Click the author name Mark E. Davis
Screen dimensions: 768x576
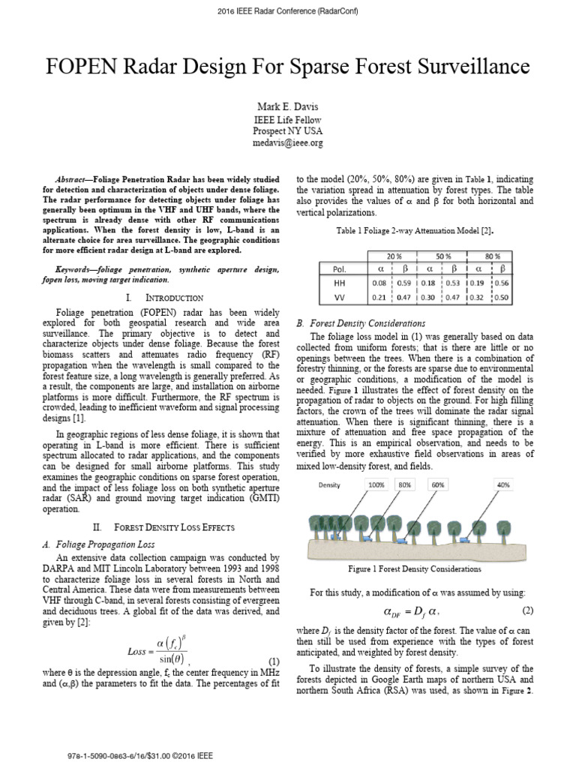tap(288, 106)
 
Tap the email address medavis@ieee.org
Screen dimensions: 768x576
tap(288, 142)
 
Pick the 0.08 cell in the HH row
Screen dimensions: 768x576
tap(379, 283)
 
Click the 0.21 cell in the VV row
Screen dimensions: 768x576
tap(379, 298)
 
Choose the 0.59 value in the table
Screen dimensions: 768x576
tap(403, 283)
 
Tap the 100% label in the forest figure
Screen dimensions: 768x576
tap(376, 484)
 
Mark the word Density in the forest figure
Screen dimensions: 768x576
tap(329, 484)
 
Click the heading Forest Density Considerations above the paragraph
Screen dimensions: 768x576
tap(363, 322)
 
